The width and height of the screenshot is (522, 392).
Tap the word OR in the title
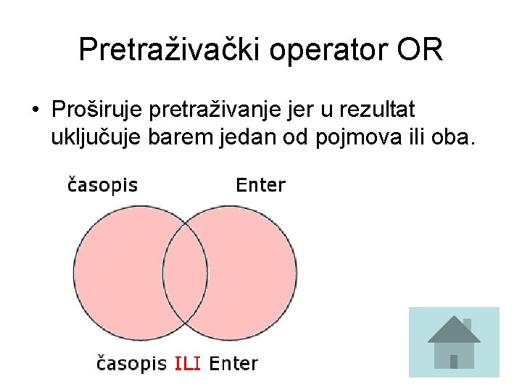(419, 50)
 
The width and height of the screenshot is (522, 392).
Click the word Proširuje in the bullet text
(96, 110)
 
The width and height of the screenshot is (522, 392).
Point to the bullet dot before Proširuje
(35, 111)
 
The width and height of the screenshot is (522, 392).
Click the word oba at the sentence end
(454, 137)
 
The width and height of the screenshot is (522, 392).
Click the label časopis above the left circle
(102, 185)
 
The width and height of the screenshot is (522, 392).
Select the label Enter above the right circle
(261, 185)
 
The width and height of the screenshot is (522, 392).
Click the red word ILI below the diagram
(188, 363)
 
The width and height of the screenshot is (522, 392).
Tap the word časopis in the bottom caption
(132, 363)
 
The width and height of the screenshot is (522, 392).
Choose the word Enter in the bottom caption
(233, 363)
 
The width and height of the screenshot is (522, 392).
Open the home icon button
(454, 342)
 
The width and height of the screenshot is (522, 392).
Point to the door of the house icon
(454, 361)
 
